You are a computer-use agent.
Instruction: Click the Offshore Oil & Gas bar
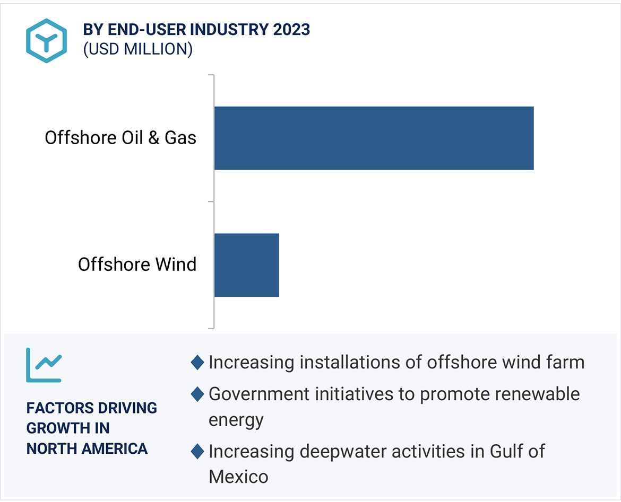pyautogui.click(x=374, y=138)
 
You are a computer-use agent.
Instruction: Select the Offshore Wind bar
pyautogui.click(x=246, y=265)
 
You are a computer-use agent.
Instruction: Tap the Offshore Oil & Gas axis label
pyautogui.click(x=120, y=138)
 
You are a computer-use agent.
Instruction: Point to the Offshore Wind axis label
pyautogui.click(x=137, y=264)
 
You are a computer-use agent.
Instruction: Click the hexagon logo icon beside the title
pyautogui.click(x=47, y=40)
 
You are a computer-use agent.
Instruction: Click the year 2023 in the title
pyautogui.click(x=291, y=30)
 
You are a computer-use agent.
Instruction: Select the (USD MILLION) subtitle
pyautogui.click(x=137, y=49)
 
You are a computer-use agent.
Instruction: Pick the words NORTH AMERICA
pyautogui.click(x=87, y=448)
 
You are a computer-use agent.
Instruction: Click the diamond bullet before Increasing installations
pyautogui.click(x=197, y=363)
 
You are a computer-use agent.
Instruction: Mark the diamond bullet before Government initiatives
pyautogui.click(x=197, y=394)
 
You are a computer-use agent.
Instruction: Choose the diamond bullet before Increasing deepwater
pyautogui.click(x=197, y=452)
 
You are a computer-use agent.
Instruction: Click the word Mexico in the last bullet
pyautogui.click(x=238, y=476)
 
